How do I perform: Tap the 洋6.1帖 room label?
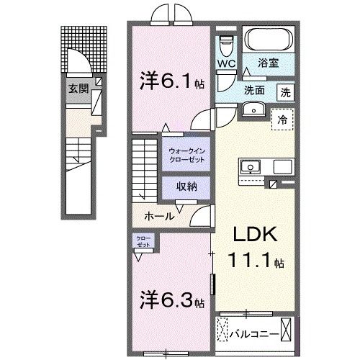(171, 82)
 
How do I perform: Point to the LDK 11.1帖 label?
(253, 249)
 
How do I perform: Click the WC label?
(227, 63)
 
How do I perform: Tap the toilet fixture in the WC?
(228, 43)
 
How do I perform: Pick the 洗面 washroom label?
(253, 91)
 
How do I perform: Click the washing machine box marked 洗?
(286, 92)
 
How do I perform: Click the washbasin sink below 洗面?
(253, 109)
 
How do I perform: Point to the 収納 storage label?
(189, 186)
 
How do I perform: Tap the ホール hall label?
(158, 215)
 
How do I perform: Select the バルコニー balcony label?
(250, 333)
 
